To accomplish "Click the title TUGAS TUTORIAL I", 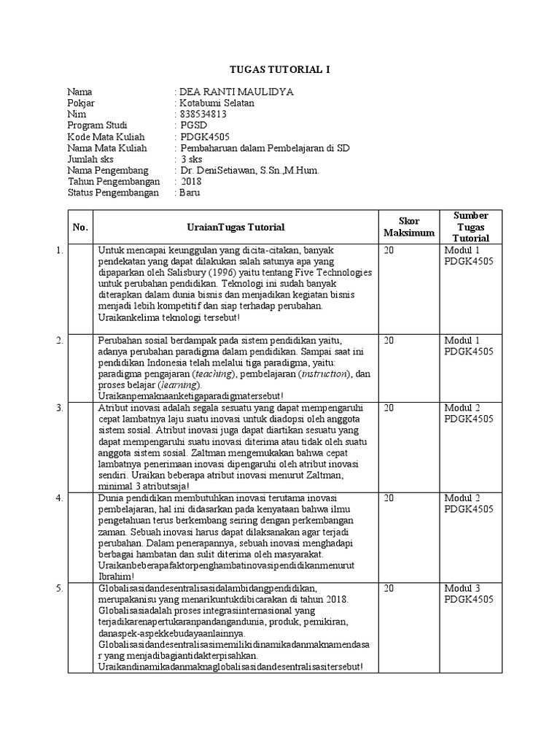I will coord(280,69).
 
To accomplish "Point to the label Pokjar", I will coord(81,103).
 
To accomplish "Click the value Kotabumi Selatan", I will coord(217,103).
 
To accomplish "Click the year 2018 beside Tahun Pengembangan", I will coord(192,181).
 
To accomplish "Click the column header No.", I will coord(80,227).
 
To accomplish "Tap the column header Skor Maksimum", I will coord(409,227).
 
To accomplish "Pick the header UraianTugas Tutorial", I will coord(235,227).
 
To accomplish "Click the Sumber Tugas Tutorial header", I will coord(470,226).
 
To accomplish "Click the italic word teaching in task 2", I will coord(213,374).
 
